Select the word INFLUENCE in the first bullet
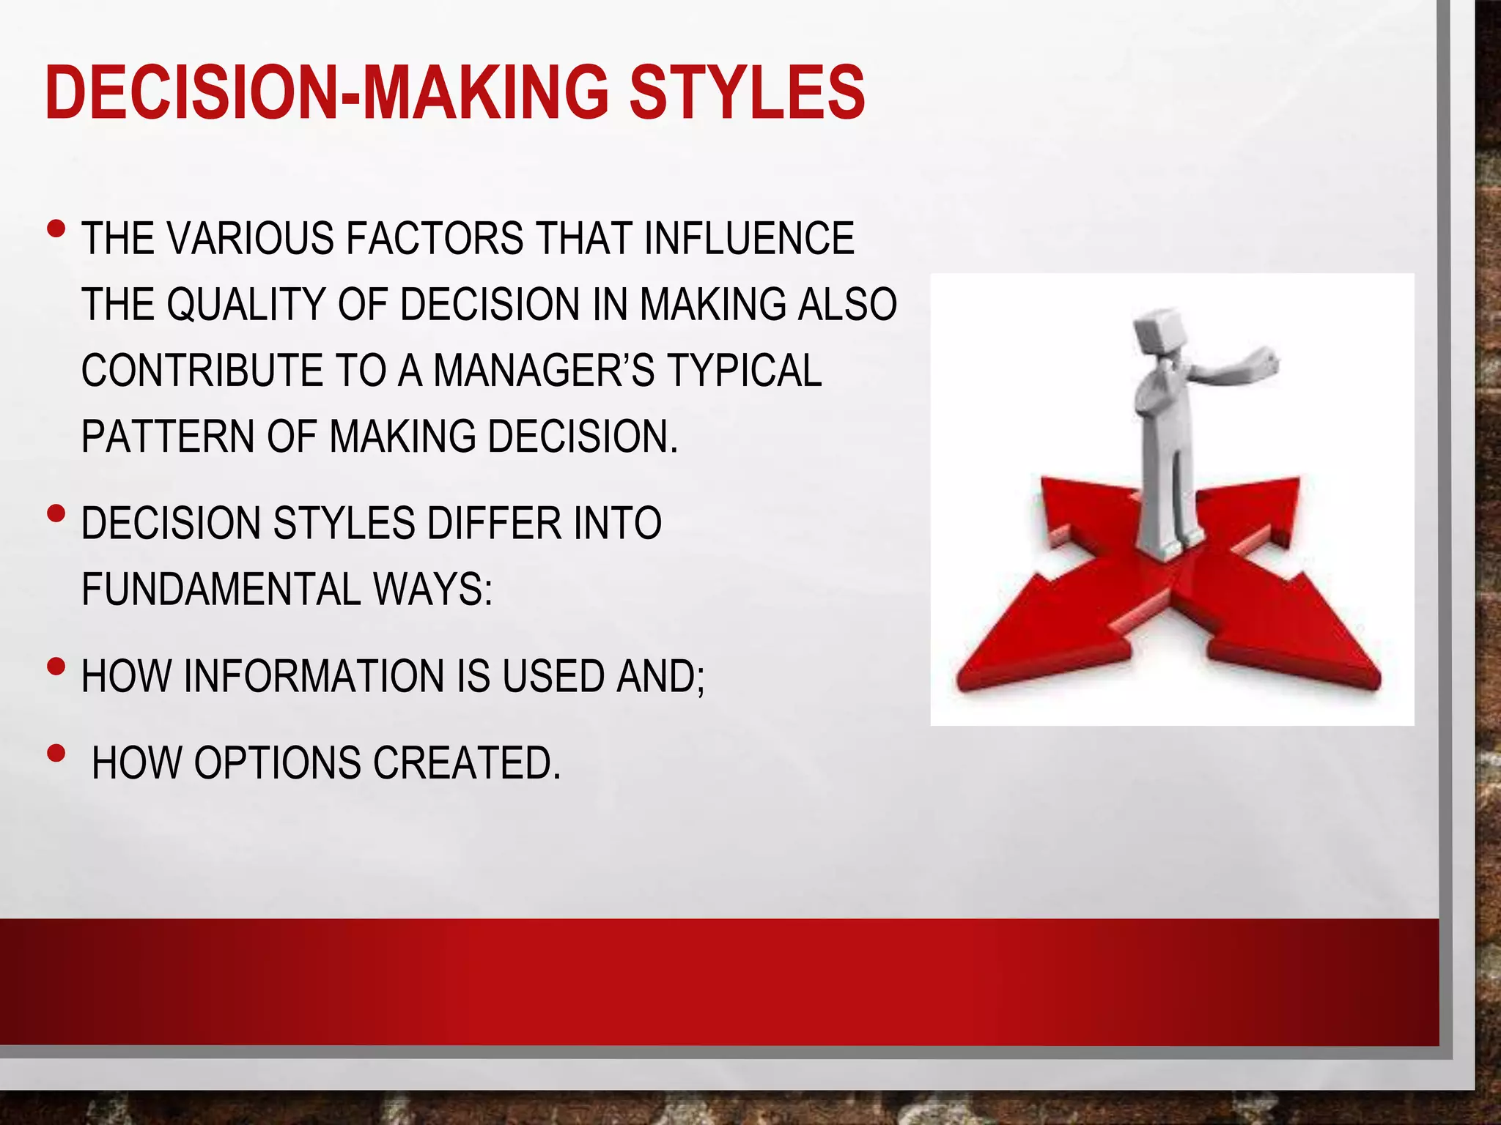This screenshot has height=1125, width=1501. point(749,239)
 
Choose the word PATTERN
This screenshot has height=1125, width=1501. point(168,437)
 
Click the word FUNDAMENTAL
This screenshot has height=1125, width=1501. point(221,589)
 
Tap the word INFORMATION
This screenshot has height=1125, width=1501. point(314,676)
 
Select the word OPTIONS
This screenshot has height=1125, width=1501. point(278,763)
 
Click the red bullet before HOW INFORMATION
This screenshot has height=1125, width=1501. point(56,667)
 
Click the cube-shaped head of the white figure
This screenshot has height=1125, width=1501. point(1158,334)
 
